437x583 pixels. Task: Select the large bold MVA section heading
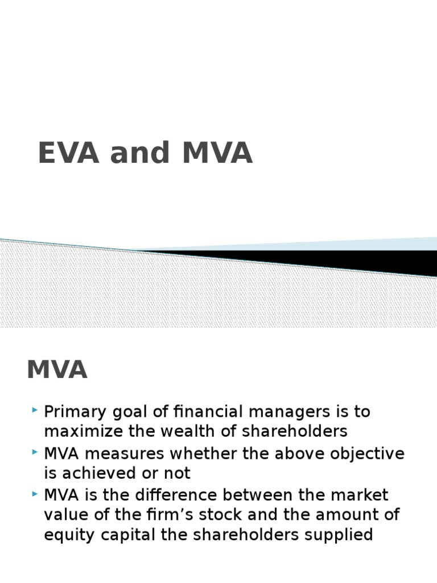tap(57, 369)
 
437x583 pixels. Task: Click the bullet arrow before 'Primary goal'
tap(36, 409)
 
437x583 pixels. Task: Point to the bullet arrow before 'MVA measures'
tap(36, 452)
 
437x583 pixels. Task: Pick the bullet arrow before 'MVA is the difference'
tap(36, 493)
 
